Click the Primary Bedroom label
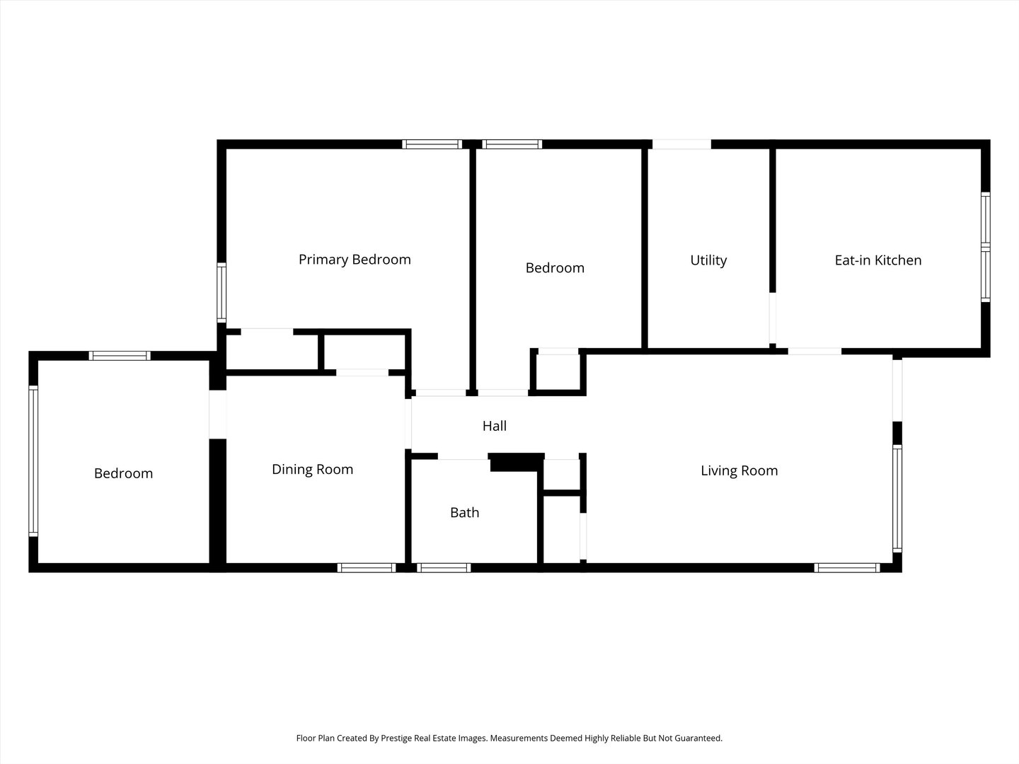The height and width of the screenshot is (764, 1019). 355,260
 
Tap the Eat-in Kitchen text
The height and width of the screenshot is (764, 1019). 878,260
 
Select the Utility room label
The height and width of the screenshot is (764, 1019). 708,260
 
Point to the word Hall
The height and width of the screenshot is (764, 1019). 495,426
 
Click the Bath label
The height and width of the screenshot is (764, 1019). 465,513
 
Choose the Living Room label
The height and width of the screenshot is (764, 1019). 739,470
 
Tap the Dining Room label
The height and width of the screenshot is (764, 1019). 312,470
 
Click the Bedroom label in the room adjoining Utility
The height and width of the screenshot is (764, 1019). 555,268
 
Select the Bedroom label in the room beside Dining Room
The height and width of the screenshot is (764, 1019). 123,473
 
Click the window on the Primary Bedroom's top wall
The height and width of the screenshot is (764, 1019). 432,144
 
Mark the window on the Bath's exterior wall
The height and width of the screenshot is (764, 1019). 444,567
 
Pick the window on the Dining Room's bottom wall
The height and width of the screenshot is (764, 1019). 366,567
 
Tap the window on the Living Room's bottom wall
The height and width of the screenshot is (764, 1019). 846,567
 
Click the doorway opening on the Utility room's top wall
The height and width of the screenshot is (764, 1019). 681,144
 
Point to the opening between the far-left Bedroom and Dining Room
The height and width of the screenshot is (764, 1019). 217,414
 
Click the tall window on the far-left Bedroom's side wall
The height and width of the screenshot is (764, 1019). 33,461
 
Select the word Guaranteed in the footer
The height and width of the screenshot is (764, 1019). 696,738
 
